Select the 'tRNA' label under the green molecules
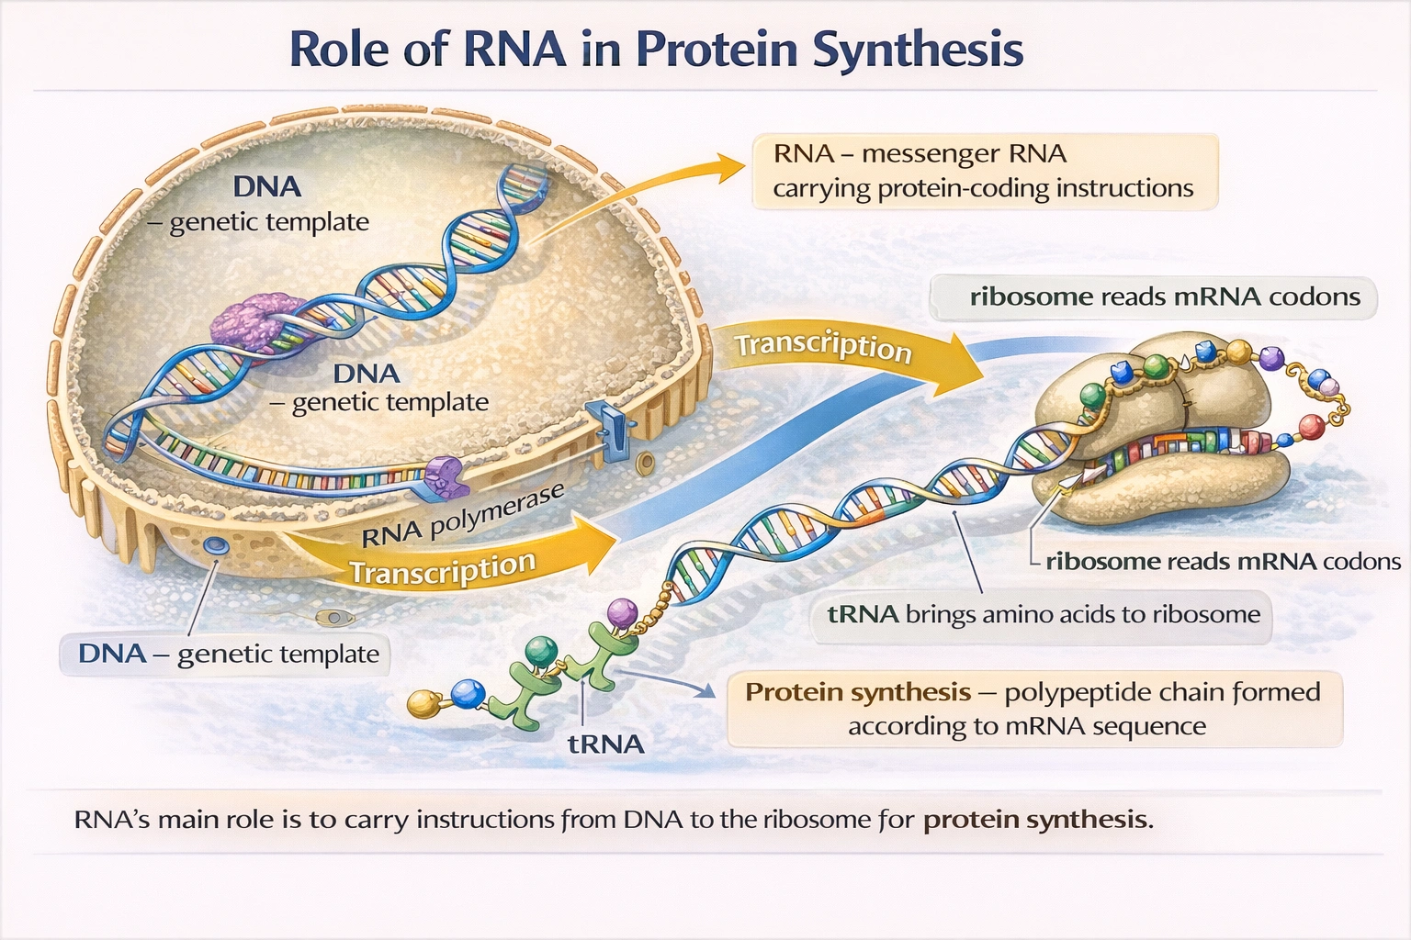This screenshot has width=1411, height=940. [605, 744]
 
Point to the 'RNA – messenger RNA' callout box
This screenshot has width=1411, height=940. [984, 172]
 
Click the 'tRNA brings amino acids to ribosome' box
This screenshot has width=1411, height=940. [1043, 615]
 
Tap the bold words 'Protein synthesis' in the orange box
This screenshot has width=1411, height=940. [857, 692]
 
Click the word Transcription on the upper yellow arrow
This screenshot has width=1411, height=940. [822, 346]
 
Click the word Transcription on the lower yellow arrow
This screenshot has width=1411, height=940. [443, 570]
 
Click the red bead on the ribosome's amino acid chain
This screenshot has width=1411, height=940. [1313, 427]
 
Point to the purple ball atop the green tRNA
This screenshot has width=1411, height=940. [623, 610]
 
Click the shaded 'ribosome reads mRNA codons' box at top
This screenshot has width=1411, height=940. [1153, 297]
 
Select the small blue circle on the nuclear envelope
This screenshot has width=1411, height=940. [217, 545]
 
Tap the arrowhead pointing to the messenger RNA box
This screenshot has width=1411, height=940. [730, 166]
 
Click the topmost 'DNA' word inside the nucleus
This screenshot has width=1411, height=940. [266, 187]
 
